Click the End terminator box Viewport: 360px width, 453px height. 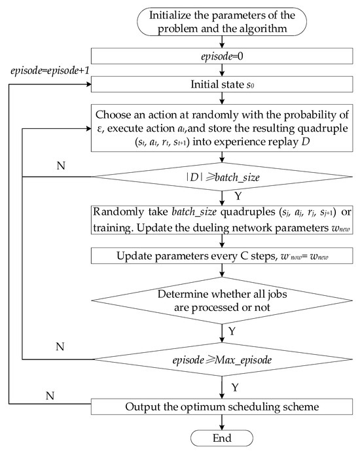coord(225,438)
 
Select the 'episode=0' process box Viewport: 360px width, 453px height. coord(225,57)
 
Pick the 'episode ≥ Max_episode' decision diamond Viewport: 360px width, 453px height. coord(225,359)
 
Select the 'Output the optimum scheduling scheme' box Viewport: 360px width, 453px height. coord(225,407)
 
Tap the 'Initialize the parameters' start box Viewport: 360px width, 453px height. coord(225,21)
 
